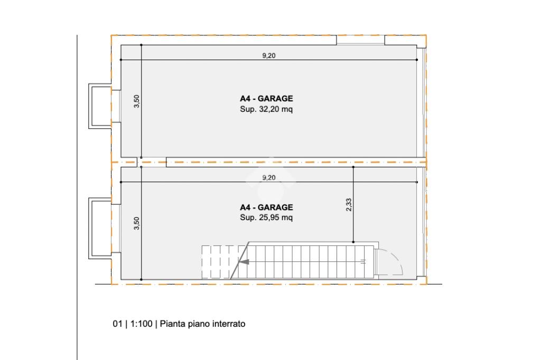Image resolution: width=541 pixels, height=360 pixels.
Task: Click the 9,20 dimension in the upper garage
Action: tap(269, 55)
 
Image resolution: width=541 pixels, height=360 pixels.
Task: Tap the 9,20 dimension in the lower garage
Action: tap(269, 177)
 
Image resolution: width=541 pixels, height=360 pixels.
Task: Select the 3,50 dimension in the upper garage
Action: tap(137, 101)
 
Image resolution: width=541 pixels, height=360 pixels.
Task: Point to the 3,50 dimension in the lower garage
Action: tap(137, 223)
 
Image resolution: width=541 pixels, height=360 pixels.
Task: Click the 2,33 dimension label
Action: tap(349, 204)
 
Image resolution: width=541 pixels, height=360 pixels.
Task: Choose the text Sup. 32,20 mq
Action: tap(266, 109)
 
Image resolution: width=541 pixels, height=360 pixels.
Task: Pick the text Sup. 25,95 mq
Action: tap(266, 217)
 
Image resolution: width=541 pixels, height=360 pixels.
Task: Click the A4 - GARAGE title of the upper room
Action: tap(266, 99)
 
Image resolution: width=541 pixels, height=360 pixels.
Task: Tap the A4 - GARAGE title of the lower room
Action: tap(266, 207)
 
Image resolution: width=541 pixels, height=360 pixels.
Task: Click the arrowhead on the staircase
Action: tap(244, 262)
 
